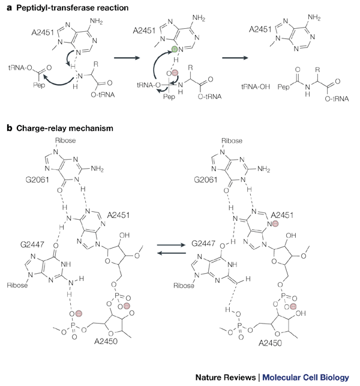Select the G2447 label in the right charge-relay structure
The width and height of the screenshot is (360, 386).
coord(204,246)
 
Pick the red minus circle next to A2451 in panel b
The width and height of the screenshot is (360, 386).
coord(275,223)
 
